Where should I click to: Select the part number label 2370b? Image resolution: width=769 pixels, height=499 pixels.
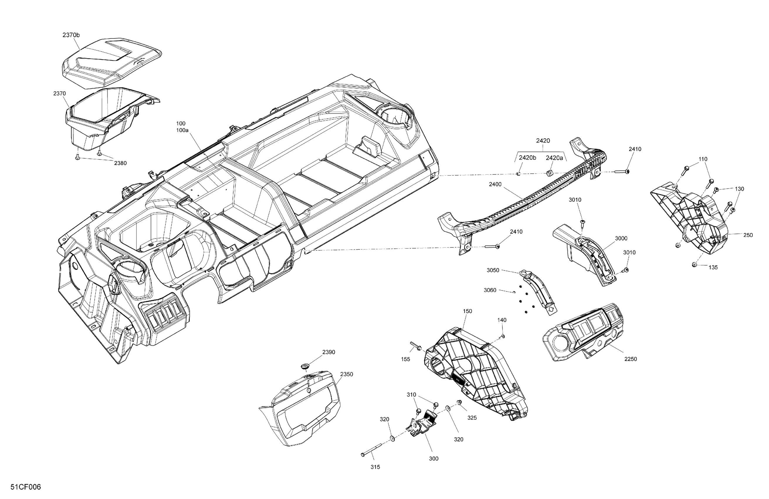coord(71,35)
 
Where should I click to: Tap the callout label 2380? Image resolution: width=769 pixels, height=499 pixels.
coord(120,163)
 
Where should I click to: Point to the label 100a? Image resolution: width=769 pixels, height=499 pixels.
coord(182,130)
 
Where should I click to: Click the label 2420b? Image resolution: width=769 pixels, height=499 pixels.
coord(527,158)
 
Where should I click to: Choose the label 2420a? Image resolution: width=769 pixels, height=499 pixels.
coord(554,158)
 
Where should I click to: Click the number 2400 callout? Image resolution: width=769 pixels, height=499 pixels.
coord(495,184)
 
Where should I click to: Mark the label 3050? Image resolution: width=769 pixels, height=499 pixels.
coord(493,270)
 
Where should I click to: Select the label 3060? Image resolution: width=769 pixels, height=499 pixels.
coord(490,290)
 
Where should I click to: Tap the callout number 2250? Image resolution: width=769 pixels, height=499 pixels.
coord(630,359)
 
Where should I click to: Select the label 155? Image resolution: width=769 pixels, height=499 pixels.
coord(406,359)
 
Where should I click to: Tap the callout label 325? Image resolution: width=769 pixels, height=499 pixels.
coord(472,418)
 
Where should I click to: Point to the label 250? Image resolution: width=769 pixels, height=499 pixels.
coord(748,235)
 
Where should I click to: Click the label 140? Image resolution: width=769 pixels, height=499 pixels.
coord(502,320)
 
